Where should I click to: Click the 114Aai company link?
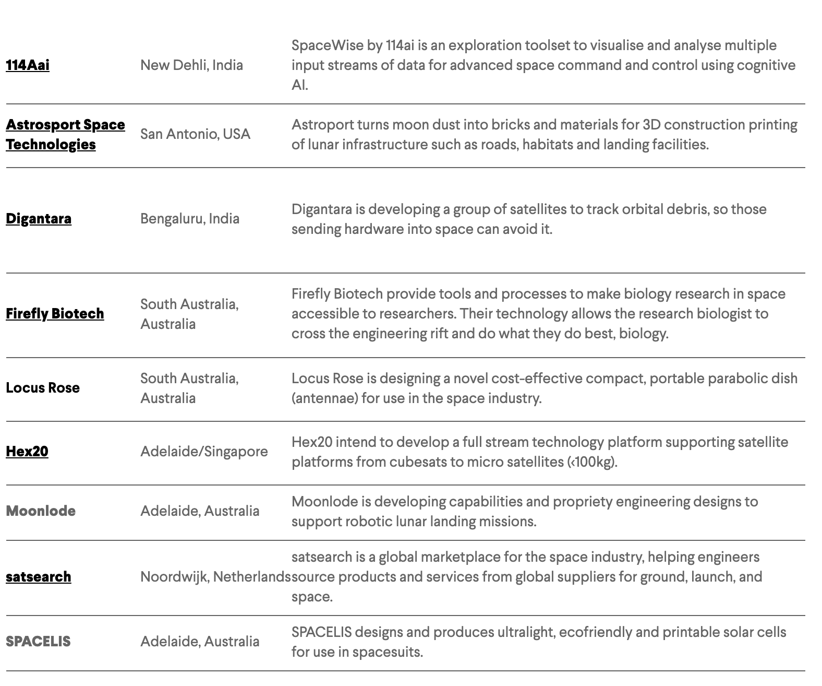point(28,65)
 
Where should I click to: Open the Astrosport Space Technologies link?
point(65,134)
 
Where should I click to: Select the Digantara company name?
point(39,218)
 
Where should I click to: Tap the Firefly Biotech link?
point(55,313)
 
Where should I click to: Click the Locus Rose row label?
point(43,387)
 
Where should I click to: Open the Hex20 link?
point(27,451)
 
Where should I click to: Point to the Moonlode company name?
point(41,511)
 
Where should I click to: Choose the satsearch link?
point(39,576)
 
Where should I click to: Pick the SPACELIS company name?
point(38,641)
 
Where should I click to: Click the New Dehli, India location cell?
point(191,65)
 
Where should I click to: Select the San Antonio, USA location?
point(195,134)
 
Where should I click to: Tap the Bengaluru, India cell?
point(190,218)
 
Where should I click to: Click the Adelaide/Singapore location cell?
point(204,451)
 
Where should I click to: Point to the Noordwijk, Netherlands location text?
point(215,576)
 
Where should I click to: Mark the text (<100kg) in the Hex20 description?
point(592,462)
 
